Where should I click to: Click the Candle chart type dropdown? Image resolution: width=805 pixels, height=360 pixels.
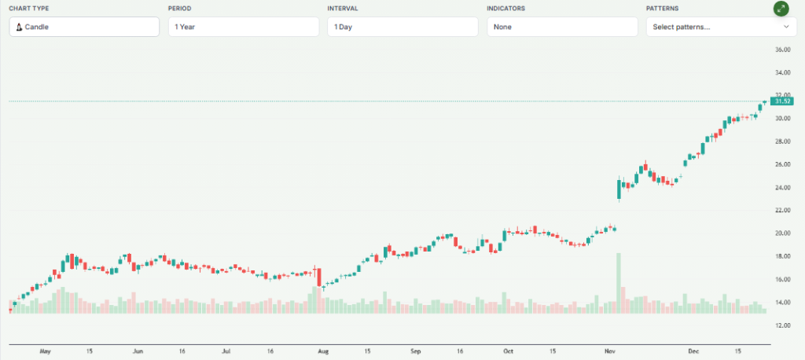84,27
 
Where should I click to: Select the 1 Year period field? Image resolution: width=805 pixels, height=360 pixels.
243,27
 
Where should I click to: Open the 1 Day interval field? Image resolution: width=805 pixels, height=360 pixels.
402,27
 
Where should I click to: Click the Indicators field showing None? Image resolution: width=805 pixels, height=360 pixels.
562,27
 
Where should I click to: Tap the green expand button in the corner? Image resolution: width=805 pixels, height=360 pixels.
781,9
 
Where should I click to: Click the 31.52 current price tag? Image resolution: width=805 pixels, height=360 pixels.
782,101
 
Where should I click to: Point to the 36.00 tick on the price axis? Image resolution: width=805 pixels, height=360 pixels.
782,50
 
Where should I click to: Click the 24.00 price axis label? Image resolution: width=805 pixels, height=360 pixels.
782,187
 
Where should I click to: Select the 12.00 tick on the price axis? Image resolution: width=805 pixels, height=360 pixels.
782,325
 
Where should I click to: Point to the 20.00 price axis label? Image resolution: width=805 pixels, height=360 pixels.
782,233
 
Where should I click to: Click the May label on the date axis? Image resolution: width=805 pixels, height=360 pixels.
45,351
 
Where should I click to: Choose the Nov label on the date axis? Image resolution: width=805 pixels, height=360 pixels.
610,351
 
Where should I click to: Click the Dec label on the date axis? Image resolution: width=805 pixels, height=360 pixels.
693,351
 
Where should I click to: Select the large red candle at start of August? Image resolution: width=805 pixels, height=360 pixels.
319,277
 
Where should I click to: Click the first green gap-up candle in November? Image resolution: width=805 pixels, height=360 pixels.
619,190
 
